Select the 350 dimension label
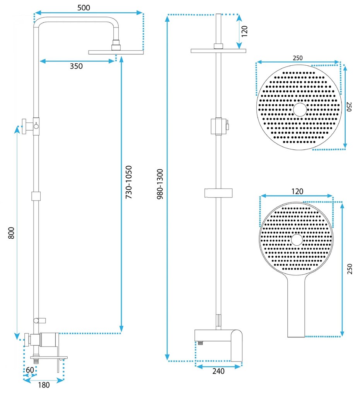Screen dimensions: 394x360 click(76, 66)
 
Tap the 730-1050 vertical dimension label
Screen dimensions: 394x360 click(129, 182)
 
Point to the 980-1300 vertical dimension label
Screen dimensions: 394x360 click(160, 184)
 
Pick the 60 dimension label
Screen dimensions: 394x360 click(29, 370)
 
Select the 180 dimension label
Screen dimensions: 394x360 click(44, 385)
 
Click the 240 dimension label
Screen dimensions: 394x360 click(218, 371)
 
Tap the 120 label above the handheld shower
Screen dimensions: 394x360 click(297, 191)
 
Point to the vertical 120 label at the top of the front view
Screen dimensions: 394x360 click(244, 30)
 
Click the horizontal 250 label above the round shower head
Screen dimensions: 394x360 click(297, 58)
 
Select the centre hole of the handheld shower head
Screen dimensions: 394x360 click(297, 240)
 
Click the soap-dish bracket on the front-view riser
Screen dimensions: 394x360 click(218, 192)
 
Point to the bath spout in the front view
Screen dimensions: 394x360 click(236, 344)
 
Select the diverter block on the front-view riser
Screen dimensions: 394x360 click(218, 126)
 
